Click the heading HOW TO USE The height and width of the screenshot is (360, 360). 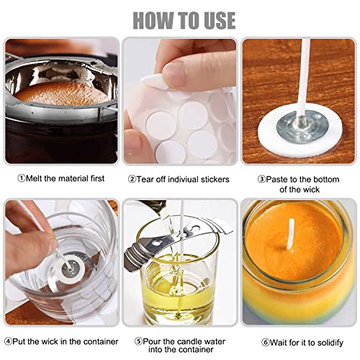pyautogui.click(x=184, y=20)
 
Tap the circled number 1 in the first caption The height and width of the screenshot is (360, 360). pyautogui.click(x=22, y=179)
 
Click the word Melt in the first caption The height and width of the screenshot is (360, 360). pyautogui.click(x=34, y=179)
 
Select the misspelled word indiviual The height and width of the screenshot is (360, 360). pyautogui.click(x=183, y=179)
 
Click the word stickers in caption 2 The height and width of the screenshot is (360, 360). pyautogui.click(x=215, y=179)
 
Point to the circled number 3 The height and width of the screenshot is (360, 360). pyautogui.click(x=262, y=179)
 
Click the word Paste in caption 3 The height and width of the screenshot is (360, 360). pyautogui.click(x=276, y=179)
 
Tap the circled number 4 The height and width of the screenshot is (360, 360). pyautogui.click(x=8, y=341)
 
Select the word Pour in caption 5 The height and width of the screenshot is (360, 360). pyautogui.click(x=152, y=341)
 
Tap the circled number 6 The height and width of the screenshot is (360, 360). pyautogui.click(x=265, y=343)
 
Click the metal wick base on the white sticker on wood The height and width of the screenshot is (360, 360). pyautogui.click(x=302, y=127)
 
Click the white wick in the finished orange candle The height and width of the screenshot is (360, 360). pyautogui.click(x=292, y=236)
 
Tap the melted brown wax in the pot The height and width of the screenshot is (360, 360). pyautogui.click(x=62, y=94)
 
